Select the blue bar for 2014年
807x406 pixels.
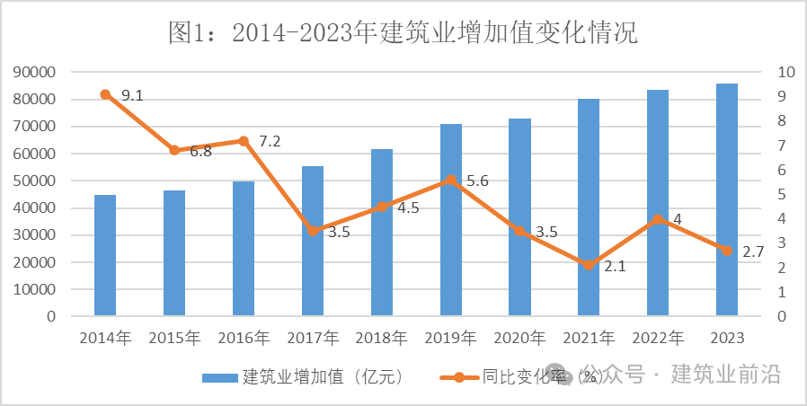[x=105, y=255]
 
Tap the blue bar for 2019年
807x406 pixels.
[x=451, y=220]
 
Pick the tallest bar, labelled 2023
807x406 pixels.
[x=727, y=199]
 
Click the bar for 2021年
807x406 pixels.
[x=589, y=207]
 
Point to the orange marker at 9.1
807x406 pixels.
[x=105, y=94]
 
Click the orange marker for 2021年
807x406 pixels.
[x=589, y=265]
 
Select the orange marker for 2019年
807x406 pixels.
[x=451, y=180]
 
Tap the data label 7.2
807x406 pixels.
[x=270, y=141]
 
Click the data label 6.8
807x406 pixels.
[x=200, y=152]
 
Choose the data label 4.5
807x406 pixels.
[x=409, y=207]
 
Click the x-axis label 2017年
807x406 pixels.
[x=313, y=339]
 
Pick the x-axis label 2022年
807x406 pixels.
[x=658, y=339]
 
